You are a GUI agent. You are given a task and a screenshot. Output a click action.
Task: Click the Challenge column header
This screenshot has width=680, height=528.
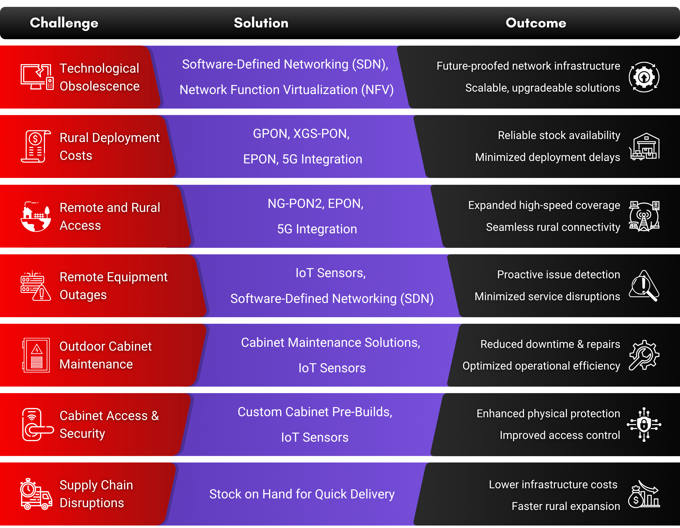64,23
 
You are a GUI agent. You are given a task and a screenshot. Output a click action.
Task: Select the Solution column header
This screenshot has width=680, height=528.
261,23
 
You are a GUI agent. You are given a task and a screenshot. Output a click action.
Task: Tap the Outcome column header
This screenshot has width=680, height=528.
536,23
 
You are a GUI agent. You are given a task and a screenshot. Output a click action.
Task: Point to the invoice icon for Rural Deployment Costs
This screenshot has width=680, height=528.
35,146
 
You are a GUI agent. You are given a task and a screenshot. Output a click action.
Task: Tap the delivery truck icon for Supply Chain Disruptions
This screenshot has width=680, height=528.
36,494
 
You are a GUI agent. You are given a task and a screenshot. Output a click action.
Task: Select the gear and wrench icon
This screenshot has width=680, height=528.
644,355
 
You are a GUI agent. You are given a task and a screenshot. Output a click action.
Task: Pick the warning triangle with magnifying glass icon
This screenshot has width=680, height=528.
644,285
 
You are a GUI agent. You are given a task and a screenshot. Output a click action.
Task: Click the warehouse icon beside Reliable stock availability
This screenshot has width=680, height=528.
644,146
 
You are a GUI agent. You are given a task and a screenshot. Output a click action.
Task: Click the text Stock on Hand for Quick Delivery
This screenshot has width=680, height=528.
302,494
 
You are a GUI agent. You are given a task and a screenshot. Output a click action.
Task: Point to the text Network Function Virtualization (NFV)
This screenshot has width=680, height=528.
287,90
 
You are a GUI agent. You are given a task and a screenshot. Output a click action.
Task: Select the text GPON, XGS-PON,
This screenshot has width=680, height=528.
301,134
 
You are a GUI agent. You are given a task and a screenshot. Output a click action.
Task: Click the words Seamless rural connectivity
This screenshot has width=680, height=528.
553,227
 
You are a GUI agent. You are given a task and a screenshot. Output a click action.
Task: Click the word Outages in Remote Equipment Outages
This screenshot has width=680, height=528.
83,294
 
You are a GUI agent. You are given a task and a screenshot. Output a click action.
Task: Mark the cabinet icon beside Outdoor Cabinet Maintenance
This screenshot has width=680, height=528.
36,355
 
